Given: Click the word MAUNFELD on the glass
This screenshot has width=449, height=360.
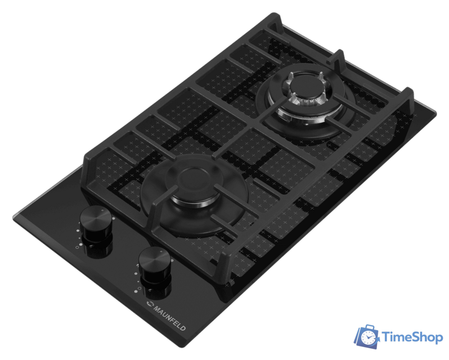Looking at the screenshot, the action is (170, 318).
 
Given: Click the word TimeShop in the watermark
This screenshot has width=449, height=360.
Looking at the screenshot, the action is (412, 337).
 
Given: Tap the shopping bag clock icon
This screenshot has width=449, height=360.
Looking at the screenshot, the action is (367, 336).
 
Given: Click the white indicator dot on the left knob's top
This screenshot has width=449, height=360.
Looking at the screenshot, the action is (102, 210).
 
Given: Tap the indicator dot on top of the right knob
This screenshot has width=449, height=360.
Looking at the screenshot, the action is (161, 251).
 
